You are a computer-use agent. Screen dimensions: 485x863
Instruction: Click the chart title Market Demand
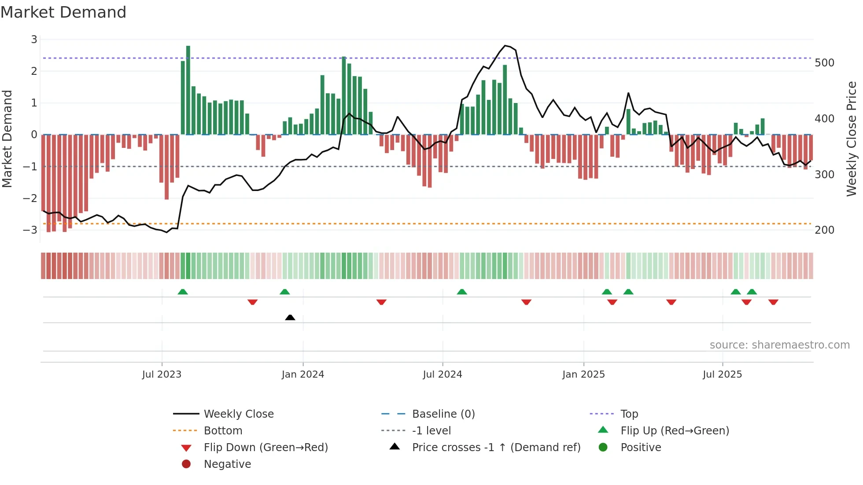click(63, 12)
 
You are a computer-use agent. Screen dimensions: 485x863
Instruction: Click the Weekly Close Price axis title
click(852, 139)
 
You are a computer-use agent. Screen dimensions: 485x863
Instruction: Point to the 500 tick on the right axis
click(824, 63)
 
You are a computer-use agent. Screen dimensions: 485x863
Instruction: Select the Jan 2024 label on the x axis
click(303, 375)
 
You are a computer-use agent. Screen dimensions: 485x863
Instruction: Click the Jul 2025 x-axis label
click(722, 375)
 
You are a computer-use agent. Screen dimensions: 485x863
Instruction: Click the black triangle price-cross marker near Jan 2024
click(290, 317)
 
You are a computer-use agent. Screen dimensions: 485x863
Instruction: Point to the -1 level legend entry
click(431, 431)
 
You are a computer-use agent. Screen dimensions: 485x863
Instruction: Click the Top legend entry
click(629, 414)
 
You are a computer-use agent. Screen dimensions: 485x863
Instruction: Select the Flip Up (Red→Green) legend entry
click(675, 431)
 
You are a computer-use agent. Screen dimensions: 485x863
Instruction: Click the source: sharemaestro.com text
click(779, 345)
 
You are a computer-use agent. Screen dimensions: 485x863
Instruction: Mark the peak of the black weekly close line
click(505, 45)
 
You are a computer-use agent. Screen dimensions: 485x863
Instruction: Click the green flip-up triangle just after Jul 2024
click(462, 292)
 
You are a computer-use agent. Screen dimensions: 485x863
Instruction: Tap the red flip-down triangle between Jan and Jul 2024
click(381, 302)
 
